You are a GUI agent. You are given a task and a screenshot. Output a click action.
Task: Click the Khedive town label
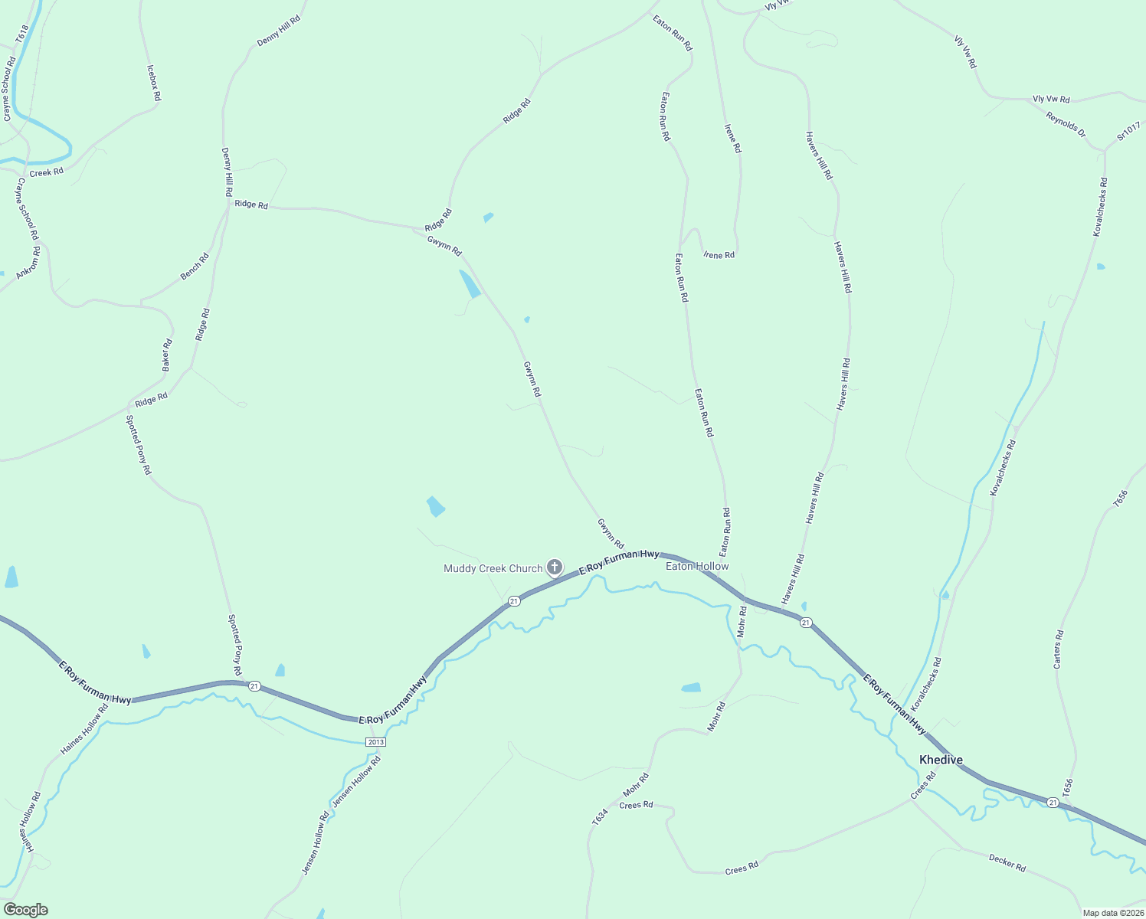941,760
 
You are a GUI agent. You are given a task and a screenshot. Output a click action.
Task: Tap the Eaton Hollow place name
697,566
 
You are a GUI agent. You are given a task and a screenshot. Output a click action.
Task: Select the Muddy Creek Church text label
493,568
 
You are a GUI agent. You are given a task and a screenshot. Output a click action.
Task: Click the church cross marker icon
555,567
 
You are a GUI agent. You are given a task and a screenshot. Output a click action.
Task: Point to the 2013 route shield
375,742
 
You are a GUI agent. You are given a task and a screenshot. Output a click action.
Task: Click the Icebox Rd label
154,83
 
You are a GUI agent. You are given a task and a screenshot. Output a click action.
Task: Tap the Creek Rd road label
46,172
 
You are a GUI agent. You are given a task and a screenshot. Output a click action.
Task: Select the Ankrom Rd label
28,261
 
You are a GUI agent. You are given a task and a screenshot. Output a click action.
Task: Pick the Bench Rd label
195,267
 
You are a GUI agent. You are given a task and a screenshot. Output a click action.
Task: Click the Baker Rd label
167,355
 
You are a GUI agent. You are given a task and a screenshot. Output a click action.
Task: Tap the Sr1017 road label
1128,131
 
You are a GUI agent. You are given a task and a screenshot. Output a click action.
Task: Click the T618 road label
21,34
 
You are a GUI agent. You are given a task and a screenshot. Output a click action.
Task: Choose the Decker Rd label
1007,862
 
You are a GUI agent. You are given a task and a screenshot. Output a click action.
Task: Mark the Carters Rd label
1058,649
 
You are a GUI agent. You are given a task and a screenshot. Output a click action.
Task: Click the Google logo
25,910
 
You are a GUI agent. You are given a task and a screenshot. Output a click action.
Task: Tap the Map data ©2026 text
1112,913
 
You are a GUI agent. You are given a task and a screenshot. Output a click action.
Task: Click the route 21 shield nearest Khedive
1053,803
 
